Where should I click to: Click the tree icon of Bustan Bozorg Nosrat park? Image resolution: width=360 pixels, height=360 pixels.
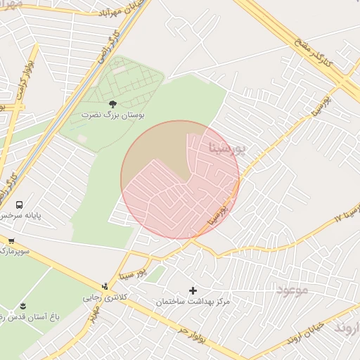112,103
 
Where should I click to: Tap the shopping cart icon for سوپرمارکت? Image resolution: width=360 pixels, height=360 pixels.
11,240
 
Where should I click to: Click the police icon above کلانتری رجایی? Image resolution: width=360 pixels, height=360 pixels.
105,286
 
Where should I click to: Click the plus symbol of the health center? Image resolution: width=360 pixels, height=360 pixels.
193,290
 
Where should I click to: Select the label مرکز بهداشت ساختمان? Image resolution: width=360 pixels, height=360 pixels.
193,302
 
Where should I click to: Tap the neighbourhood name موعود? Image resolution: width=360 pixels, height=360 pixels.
293,289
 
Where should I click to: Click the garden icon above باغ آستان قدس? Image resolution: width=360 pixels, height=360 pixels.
22,305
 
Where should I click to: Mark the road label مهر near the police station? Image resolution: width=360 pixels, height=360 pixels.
92,320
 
